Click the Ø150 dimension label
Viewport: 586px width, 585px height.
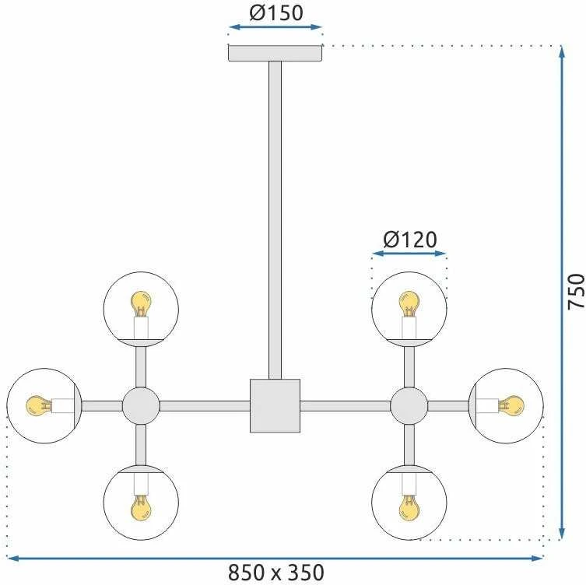pyautogui.click(x=276, y=12)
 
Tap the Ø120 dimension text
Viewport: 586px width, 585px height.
pyautogui.click(x=410, y=240)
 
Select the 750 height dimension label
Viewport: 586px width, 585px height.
pyautogui.click(x=576, y=292)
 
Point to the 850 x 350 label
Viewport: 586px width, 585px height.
pyautogui.click(x=275, y=573)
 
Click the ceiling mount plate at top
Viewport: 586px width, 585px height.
pyautogui.click(x=275, y=53)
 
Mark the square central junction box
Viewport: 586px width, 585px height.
pyautogui.click(x=275, y=406)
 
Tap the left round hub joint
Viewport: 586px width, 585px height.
pyautogui.click(x=141, y=406)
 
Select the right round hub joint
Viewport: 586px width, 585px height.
pyautogui.click(x=409, y=406)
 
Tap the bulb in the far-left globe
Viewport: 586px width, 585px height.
pyautogui.click(x=39, y=406)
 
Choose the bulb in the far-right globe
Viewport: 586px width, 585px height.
pyautogui.click(x=511, y=406)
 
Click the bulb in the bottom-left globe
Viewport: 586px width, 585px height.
pyautogui.click(x=142, y=508)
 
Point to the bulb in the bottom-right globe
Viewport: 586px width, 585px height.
pyautogui.click(x=409, y=508)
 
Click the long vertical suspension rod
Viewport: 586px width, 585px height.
pyautogui.click(x=275, y=220)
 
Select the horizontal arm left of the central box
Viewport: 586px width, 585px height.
pyautogui.click(x=205, y=406)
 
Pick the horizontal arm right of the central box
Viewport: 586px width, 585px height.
pyautogui.click(x=346, y=406)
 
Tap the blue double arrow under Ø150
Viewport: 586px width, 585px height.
pyautogui.click(x=275, y=27)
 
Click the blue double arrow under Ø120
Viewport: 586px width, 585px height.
pyautogui.click(x=409, y=254)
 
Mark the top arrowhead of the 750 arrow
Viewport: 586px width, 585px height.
pyautogui.click(x=561, y=51)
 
